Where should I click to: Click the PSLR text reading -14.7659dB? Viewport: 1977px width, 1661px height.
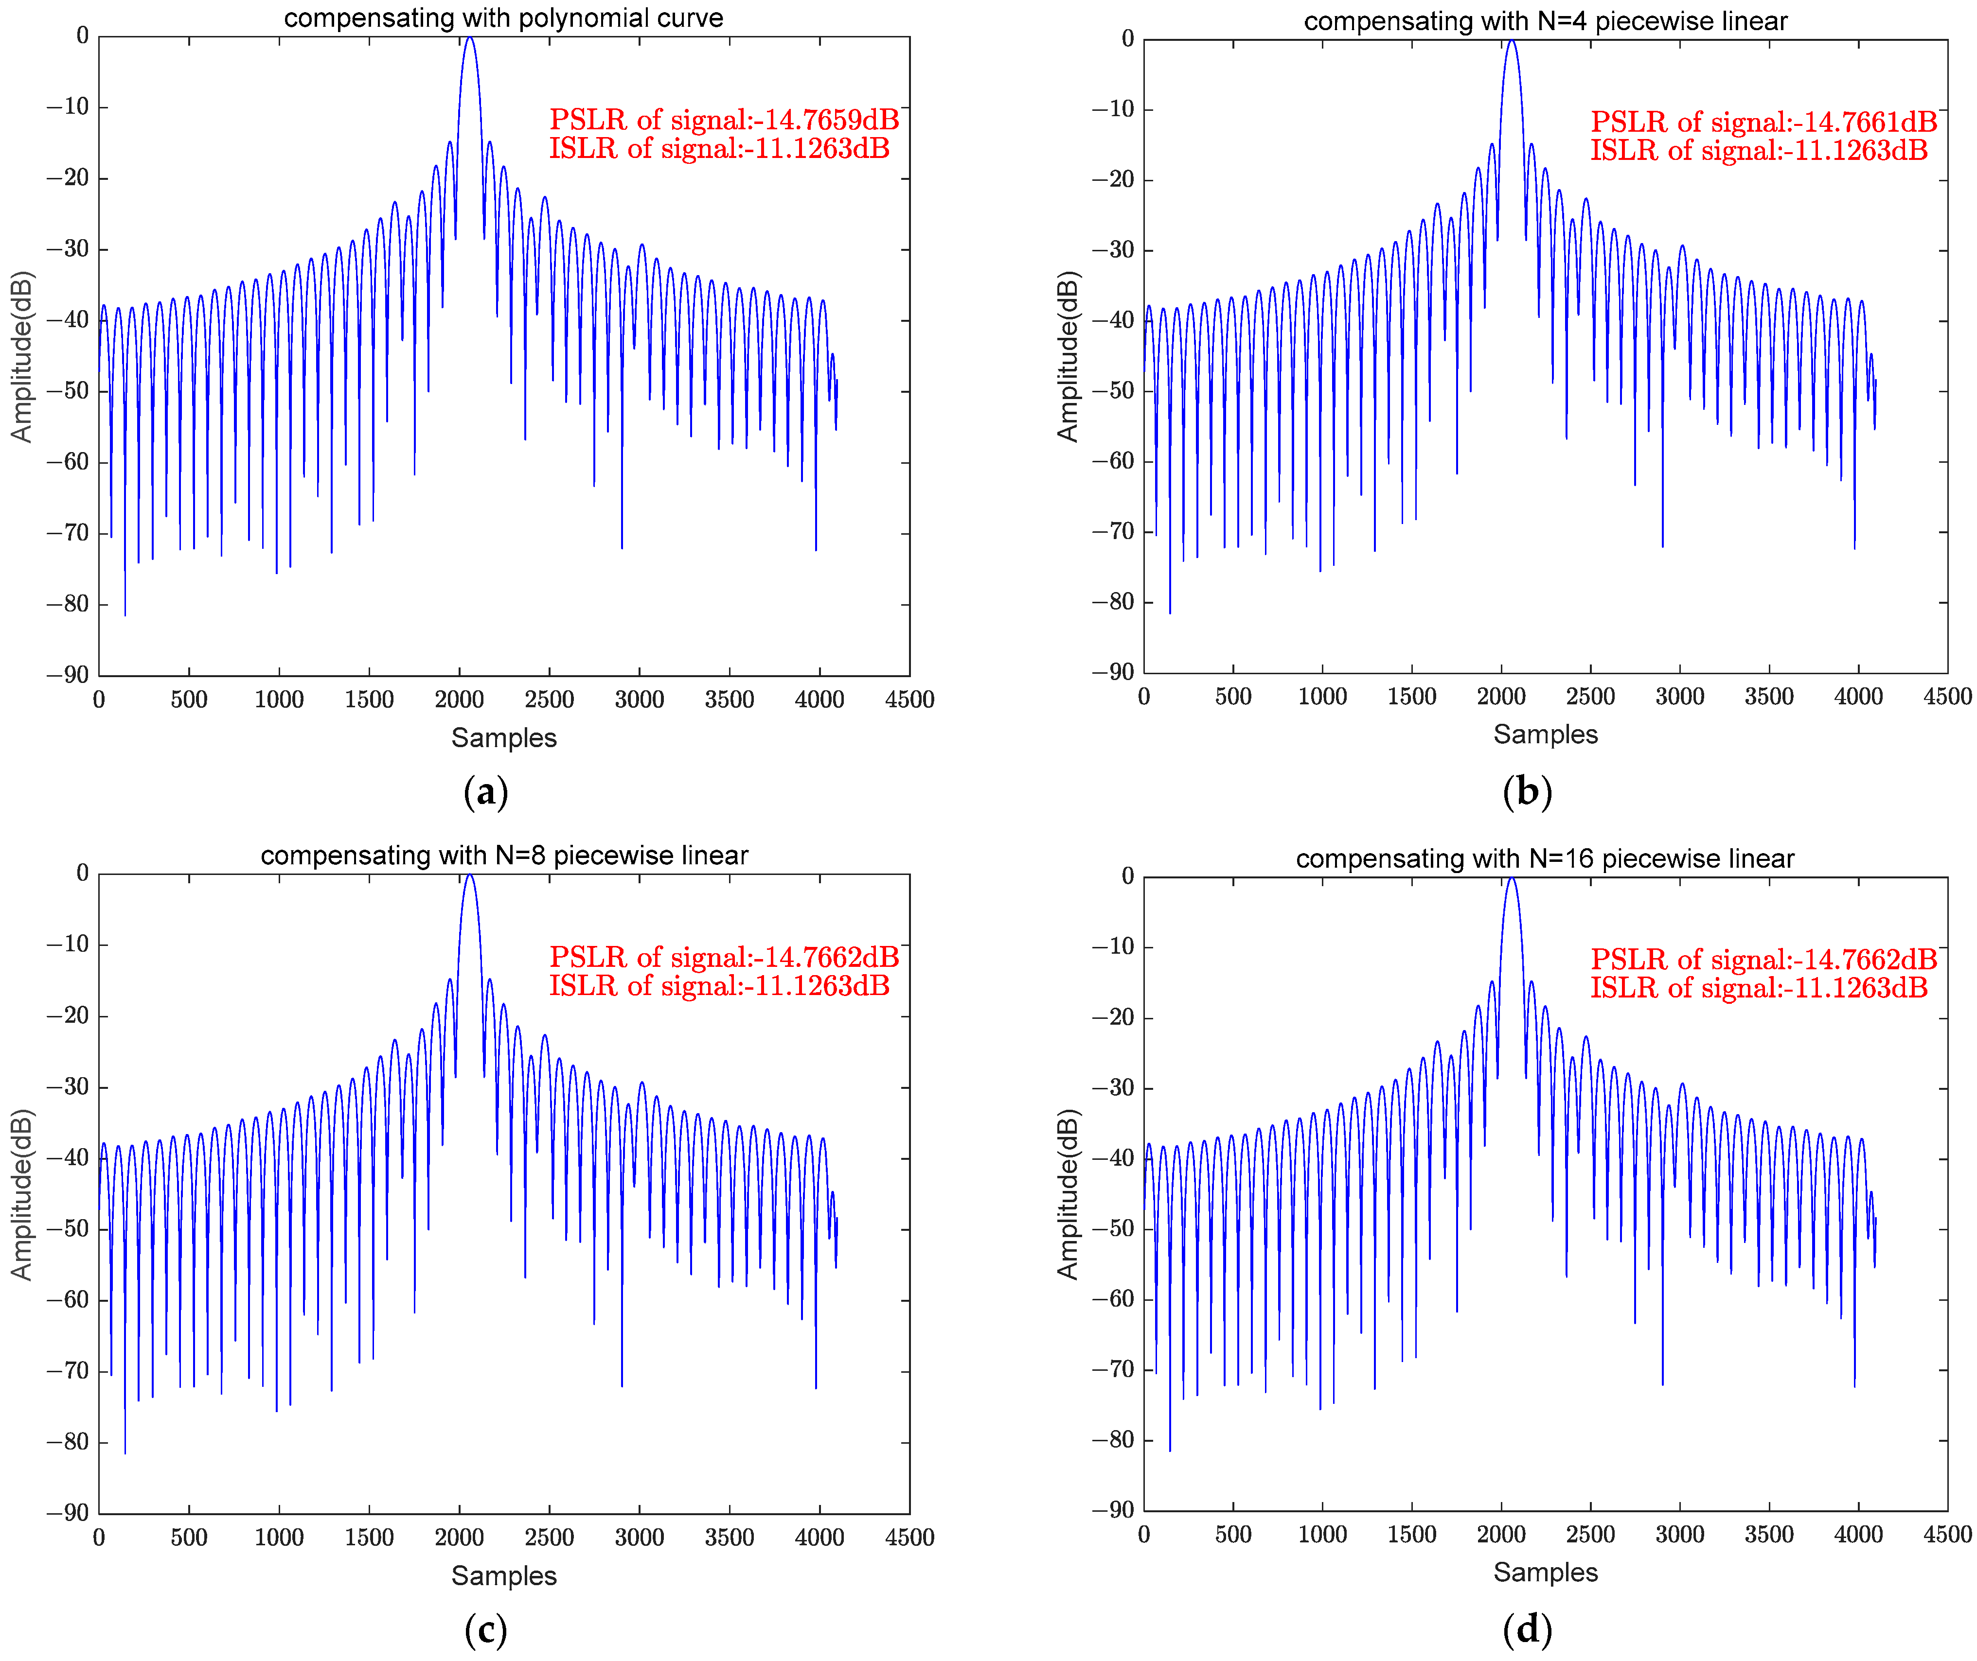point(723,120)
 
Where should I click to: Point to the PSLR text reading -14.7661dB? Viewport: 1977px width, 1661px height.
point(1763,122)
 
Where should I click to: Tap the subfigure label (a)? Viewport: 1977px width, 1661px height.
point(486,791)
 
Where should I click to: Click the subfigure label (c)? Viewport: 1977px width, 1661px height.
point(486,1629)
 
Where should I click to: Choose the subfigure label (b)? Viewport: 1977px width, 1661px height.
point(1527,791)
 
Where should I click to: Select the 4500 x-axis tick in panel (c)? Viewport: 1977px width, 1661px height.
point(909,1537)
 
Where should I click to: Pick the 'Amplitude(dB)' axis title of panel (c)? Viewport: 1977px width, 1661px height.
point(22,1194)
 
